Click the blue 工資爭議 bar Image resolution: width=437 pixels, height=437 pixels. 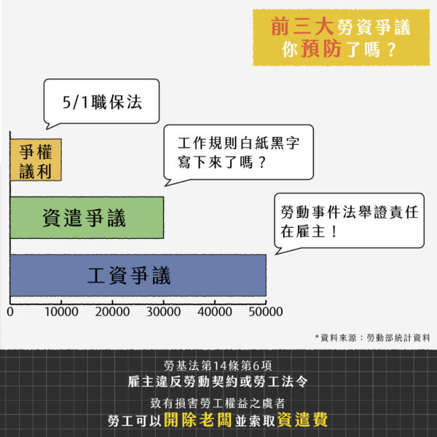pos(138,275)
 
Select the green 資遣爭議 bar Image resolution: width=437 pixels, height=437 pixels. pos(87,217)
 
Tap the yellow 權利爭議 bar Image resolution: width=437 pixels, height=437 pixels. pos(36,160)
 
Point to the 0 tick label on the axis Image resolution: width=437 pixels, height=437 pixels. pos(10,312)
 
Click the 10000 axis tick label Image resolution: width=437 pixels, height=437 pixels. pos(61,312)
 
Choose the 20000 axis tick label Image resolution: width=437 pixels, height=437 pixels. pos(112,312)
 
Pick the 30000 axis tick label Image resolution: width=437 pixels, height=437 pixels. pos(164,312)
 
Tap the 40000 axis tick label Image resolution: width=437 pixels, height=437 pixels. pos(215,312)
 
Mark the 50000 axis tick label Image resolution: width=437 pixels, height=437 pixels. pos(266,312)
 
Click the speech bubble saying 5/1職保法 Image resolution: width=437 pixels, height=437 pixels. pos(102,102)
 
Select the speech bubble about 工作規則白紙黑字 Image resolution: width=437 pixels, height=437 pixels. pos(239,153)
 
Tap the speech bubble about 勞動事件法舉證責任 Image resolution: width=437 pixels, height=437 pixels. pos(349,221)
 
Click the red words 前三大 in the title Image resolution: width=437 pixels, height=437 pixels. pos(302,27)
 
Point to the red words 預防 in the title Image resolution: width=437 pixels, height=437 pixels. pos(321,50)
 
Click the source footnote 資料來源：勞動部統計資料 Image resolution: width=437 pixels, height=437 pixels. pos(373,338)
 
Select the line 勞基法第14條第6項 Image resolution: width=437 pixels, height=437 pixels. pos(218,366)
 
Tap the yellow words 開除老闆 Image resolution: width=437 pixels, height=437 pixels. pos(198,420)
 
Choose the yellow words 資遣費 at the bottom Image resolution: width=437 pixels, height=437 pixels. pos(302,420)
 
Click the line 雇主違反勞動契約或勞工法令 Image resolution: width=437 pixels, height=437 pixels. pos(218,382)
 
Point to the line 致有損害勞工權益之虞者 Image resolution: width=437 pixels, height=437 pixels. pos(218,403)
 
